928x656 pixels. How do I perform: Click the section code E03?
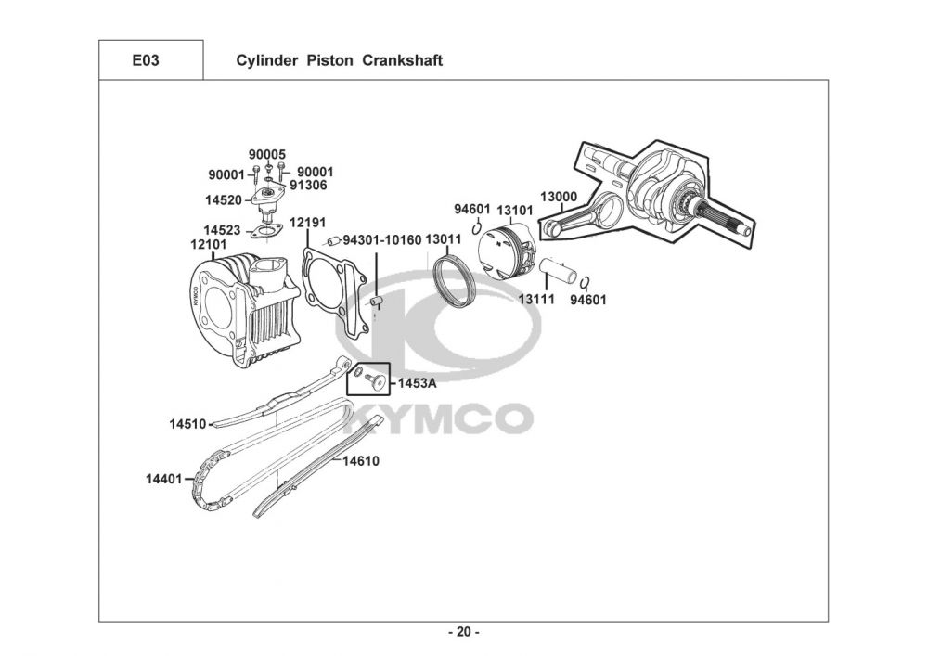[145, 60]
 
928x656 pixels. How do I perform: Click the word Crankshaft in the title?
[402, 60]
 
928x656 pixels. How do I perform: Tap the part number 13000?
[558, 197]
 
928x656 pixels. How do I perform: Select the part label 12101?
[208, 244]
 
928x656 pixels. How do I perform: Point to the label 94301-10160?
[382, 239]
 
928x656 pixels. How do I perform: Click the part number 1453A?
[417, 383]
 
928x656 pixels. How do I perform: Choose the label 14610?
[361, 461]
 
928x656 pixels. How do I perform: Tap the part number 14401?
[164, 479]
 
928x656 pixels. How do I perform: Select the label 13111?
[536, 300]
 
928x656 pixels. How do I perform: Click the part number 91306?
[308, 186]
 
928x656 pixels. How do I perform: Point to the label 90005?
[267, 154]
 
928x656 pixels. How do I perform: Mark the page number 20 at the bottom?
[464, 632]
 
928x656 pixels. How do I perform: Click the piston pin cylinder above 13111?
[558, 271]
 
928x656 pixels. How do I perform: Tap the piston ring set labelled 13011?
[455, 281]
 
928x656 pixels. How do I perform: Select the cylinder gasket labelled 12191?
[335, 289]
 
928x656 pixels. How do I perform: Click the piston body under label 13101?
[508, 251]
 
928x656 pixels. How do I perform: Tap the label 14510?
[187, 424]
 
